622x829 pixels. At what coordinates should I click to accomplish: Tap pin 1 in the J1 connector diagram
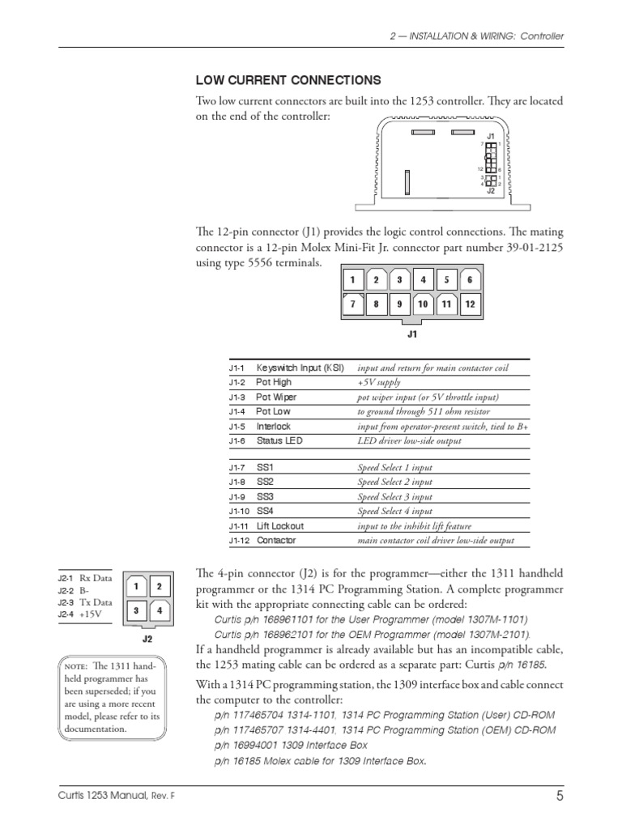pyautogui.click(x=352, y=280)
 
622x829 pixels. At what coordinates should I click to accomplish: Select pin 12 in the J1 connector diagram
pyautogui.click(x=470, y=305)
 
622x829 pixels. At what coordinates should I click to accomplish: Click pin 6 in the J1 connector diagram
pyautogui.click(x=470, y=280)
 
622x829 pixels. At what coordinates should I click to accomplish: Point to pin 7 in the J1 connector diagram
pyautogui.click(x=352, y=305)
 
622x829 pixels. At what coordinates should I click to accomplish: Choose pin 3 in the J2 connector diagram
pyautogui.click(x=137, y=610)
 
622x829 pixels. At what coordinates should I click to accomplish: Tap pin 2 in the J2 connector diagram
pyautogui.click(x=159, y=586)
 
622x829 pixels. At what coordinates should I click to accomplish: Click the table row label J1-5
pyautogui.click(x=236, y=426)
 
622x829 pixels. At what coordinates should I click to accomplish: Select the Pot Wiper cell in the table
pyautogui.click(x=276, y=397)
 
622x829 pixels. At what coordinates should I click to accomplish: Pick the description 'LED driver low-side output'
pyautogui.click(x=409, y=441)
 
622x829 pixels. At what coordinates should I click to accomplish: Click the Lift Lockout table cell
pyautogui.click(x=280, y=525)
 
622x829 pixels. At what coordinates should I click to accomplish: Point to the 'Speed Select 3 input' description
pyautogui.click(x=394, y=496)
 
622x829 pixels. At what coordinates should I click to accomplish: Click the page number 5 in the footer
pyautogui.click(x=559, y=796)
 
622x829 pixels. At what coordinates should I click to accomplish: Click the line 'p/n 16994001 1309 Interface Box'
pyautogui.click(x=291, y=745)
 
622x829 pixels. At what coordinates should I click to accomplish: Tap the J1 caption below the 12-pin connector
pyautogui.click(x=411, y=332)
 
